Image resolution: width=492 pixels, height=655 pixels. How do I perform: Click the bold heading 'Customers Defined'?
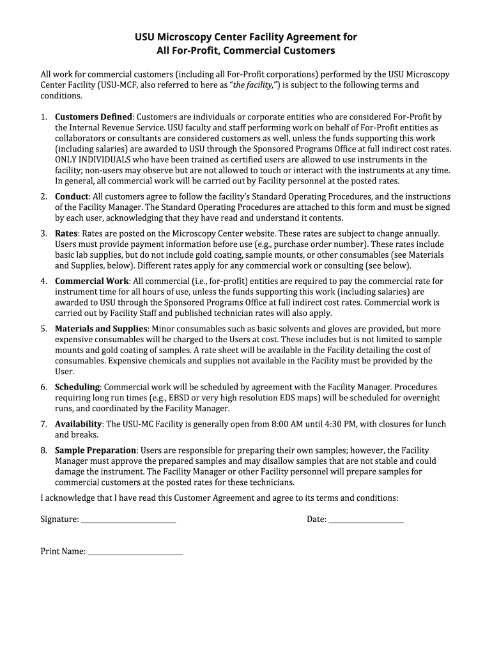[93, 117]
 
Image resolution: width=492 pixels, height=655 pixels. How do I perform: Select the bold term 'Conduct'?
[72, 196]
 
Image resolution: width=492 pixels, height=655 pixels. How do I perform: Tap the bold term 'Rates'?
[66, 233]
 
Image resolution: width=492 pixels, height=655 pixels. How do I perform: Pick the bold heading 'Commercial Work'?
[92, 281]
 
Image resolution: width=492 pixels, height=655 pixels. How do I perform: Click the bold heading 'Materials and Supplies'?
[101, 329]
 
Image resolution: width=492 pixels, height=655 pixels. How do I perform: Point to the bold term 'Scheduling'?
[77, 387]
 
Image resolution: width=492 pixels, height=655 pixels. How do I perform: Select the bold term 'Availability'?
[79, 424]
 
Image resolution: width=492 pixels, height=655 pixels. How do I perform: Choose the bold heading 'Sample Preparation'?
[95, 450]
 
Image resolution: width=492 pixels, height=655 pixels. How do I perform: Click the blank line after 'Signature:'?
[128, 520]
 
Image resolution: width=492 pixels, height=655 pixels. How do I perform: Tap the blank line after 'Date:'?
[366, 520]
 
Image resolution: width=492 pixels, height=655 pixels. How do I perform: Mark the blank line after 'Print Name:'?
[135, 551]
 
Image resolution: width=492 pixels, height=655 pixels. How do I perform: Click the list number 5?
[44, 329]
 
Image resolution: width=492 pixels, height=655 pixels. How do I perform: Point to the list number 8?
[44, 450]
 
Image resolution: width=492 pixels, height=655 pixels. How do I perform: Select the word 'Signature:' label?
[59, 519]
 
